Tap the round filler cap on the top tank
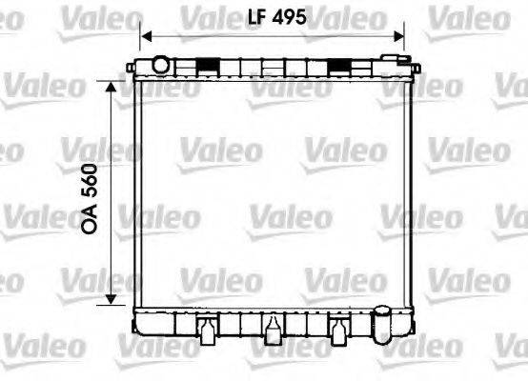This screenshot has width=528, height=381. click(x=160, y=65)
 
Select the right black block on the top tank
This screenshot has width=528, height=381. click(x=339, y=65)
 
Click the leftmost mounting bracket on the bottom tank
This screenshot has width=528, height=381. click(x=206, y=329)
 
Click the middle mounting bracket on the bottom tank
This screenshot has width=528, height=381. click(x=274, y=329)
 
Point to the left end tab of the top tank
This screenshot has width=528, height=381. click(x=132, y=69)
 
